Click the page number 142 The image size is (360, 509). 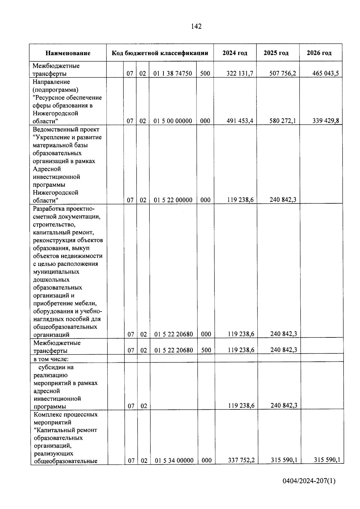[x=196, y=26]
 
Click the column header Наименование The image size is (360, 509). [x=68, y=53]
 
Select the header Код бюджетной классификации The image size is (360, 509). [x=160, y=53]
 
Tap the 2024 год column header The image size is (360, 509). [x=235, y=53]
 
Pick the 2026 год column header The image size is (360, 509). [x=319, y=53]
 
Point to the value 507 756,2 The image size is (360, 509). [x=283, y=73]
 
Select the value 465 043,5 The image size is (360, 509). [x=325, y=73]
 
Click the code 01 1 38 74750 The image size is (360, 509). [x=173, y=73]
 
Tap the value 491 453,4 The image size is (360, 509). [x=240, y=121]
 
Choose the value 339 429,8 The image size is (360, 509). [x=325, y=121]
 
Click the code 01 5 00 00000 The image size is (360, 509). [x=173, y=121]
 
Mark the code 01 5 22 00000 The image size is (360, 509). [x=173, y=200]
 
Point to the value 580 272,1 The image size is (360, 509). [x=283, y=121]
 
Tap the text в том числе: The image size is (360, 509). [x=51, y=359]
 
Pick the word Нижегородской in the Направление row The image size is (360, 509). [x=55, y=113]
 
